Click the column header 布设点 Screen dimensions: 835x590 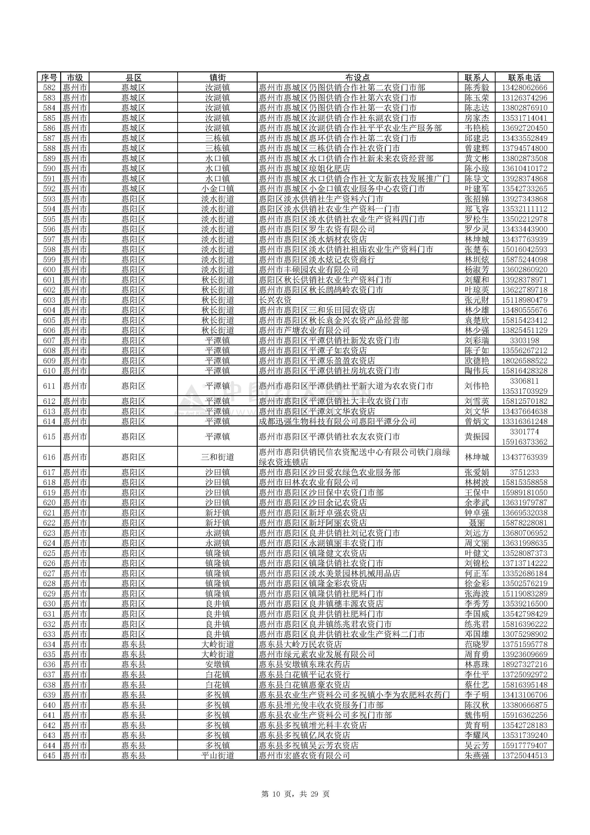357,78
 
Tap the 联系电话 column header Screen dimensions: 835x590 524,78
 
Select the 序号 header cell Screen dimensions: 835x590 49,78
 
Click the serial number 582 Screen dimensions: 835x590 49,88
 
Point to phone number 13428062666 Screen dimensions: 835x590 524,88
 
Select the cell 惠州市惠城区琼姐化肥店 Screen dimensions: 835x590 304,168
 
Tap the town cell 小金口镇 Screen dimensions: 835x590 217,189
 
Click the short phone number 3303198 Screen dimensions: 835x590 524,340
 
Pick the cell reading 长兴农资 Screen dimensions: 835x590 275,300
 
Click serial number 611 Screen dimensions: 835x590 49,386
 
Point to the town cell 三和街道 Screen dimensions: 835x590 217,457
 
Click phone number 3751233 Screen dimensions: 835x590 524,472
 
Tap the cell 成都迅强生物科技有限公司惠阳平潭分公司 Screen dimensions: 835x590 337,421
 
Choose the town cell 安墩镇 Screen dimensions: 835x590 217,664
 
